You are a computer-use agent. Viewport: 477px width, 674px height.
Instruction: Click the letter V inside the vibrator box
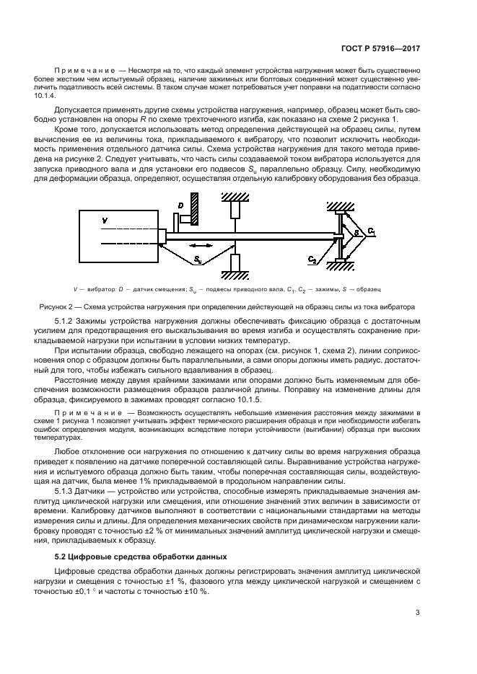click(104, 220)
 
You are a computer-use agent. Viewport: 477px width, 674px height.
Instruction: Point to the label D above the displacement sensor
click(180, 207)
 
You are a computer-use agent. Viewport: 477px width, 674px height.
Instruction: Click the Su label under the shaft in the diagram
click(197, 257)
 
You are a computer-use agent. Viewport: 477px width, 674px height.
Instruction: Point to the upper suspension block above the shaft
click(235, 210)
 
